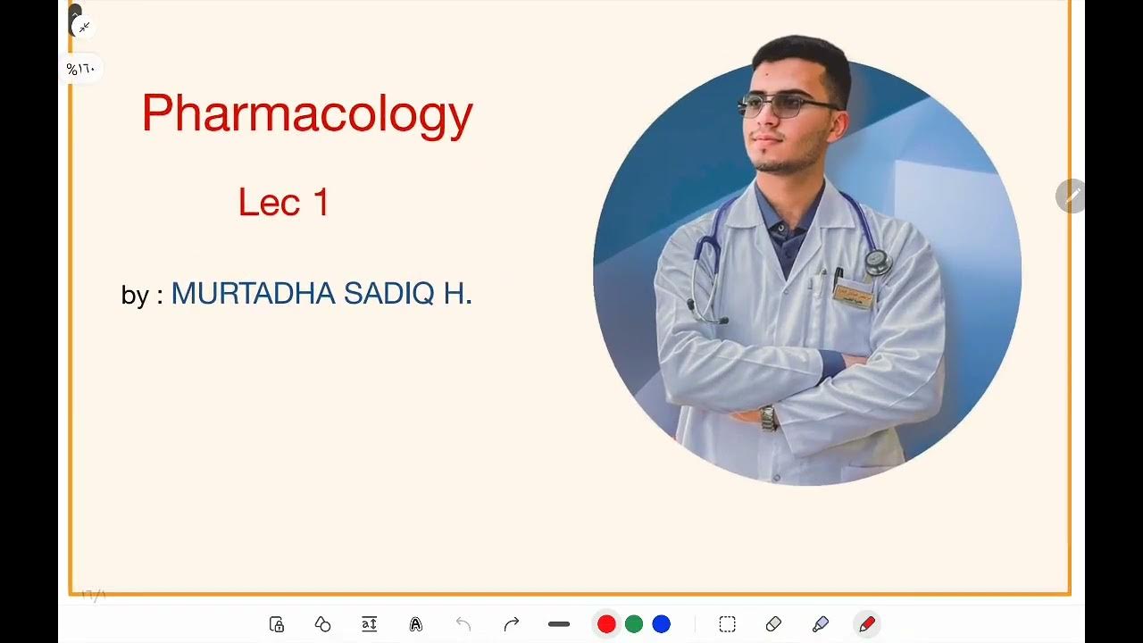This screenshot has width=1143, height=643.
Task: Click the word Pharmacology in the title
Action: pos(306,114)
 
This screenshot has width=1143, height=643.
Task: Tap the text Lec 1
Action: pos(284,203)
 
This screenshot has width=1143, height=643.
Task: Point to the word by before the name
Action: pos(135,295)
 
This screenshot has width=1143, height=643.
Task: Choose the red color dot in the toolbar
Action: pos(606,624)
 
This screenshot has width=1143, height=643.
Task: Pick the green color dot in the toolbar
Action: pos(634,624)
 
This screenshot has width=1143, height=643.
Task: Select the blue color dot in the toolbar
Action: pos(662,624)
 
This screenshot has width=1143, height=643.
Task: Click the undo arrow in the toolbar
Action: pos(463,624)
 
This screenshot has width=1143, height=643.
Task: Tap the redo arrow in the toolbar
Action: pos(512,624)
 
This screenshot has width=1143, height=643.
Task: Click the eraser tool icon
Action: pos(773,624)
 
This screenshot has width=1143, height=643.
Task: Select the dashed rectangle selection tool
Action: pos(728,624)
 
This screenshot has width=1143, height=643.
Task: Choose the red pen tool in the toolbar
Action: pos(866,624)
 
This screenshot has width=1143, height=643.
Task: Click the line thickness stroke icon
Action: pos(559,624)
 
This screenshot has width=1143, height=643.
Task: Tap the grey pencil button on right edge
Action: pos(1070,196)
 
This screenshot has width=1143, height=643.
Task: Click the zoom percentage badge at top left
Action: pos(81,69)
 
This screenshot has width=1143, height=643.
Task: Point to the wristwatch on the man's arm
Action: pos(768,417)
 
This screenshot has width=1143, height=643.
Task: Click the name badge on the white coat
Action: pos(853,293)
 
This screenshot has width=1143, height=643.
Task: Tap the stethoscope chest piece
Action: pos(878,263)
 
